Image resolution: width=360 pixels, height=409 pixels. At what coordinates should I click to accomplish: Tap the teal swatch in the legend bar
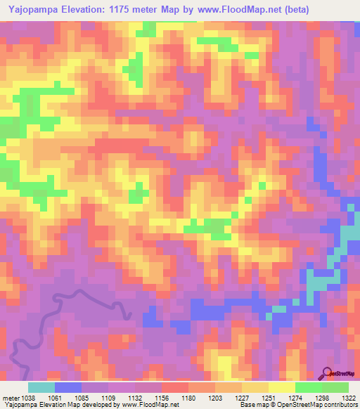click(x=41, y=387)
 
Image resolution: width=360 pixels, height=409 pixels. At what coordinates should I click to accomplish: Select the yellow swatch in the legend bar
click(x=281, y=387)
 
